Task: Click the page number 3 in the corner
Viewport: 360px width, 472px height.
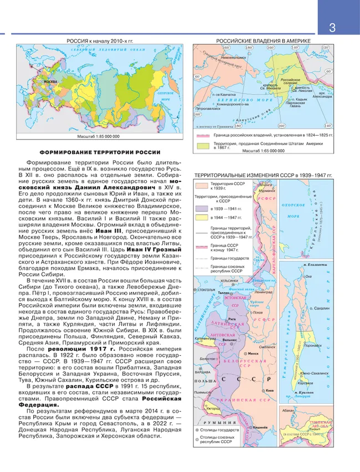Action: [x=332, y=27]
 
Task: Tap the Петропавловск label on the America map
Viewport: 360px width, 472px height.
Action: [x=205, y=110]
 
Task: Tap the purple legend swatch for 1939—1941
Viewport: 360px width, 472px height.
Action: [x=199, y=209]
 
